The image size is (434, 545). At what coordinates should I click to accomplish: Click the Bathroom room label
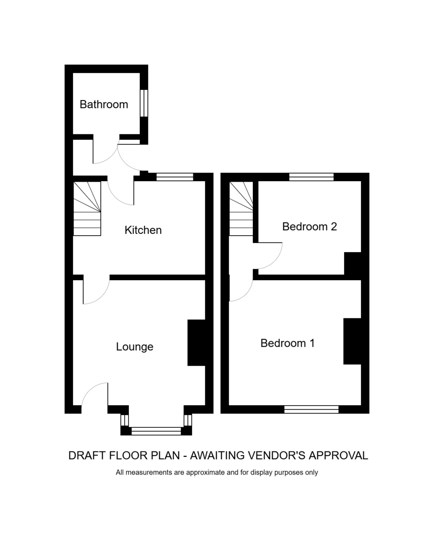(104, 104)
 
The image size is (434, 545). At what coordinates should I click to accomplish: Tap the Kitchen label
(143, 230)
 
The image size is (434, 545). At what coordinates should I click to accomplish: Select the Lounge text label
(135, 347)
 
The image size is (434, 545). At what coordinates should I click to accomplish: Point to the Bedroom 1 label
(288, 343)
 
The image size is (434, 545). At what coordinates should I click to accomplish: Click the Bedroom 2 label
(310, 227)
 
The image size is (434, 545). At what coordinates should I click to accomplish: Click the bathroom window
(144, 103)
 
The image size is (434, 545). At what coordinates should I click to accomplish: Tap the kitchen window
(175, 177)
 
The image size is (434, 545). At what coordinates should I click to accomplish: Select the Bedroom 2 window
(311, 177)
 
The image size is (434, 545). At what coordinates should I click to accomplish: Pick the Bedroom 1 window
(311, 409)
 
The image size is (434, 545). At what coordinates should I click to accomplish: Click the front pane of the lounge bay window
(156, 431)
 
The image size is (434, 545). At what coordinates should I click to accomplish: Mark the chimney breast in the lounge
(196, 342)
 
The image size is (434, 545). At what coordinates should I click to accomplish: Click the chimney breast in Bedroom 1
(352, 341)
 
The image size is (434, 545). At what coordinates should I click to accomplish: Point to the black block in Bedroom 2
(352, 263)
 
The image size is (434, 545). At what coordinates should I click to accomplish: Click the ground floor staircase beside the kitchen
(87, 208)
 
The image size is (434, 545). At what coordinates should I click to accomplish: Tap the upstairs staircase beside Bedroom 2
(241, 208)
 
